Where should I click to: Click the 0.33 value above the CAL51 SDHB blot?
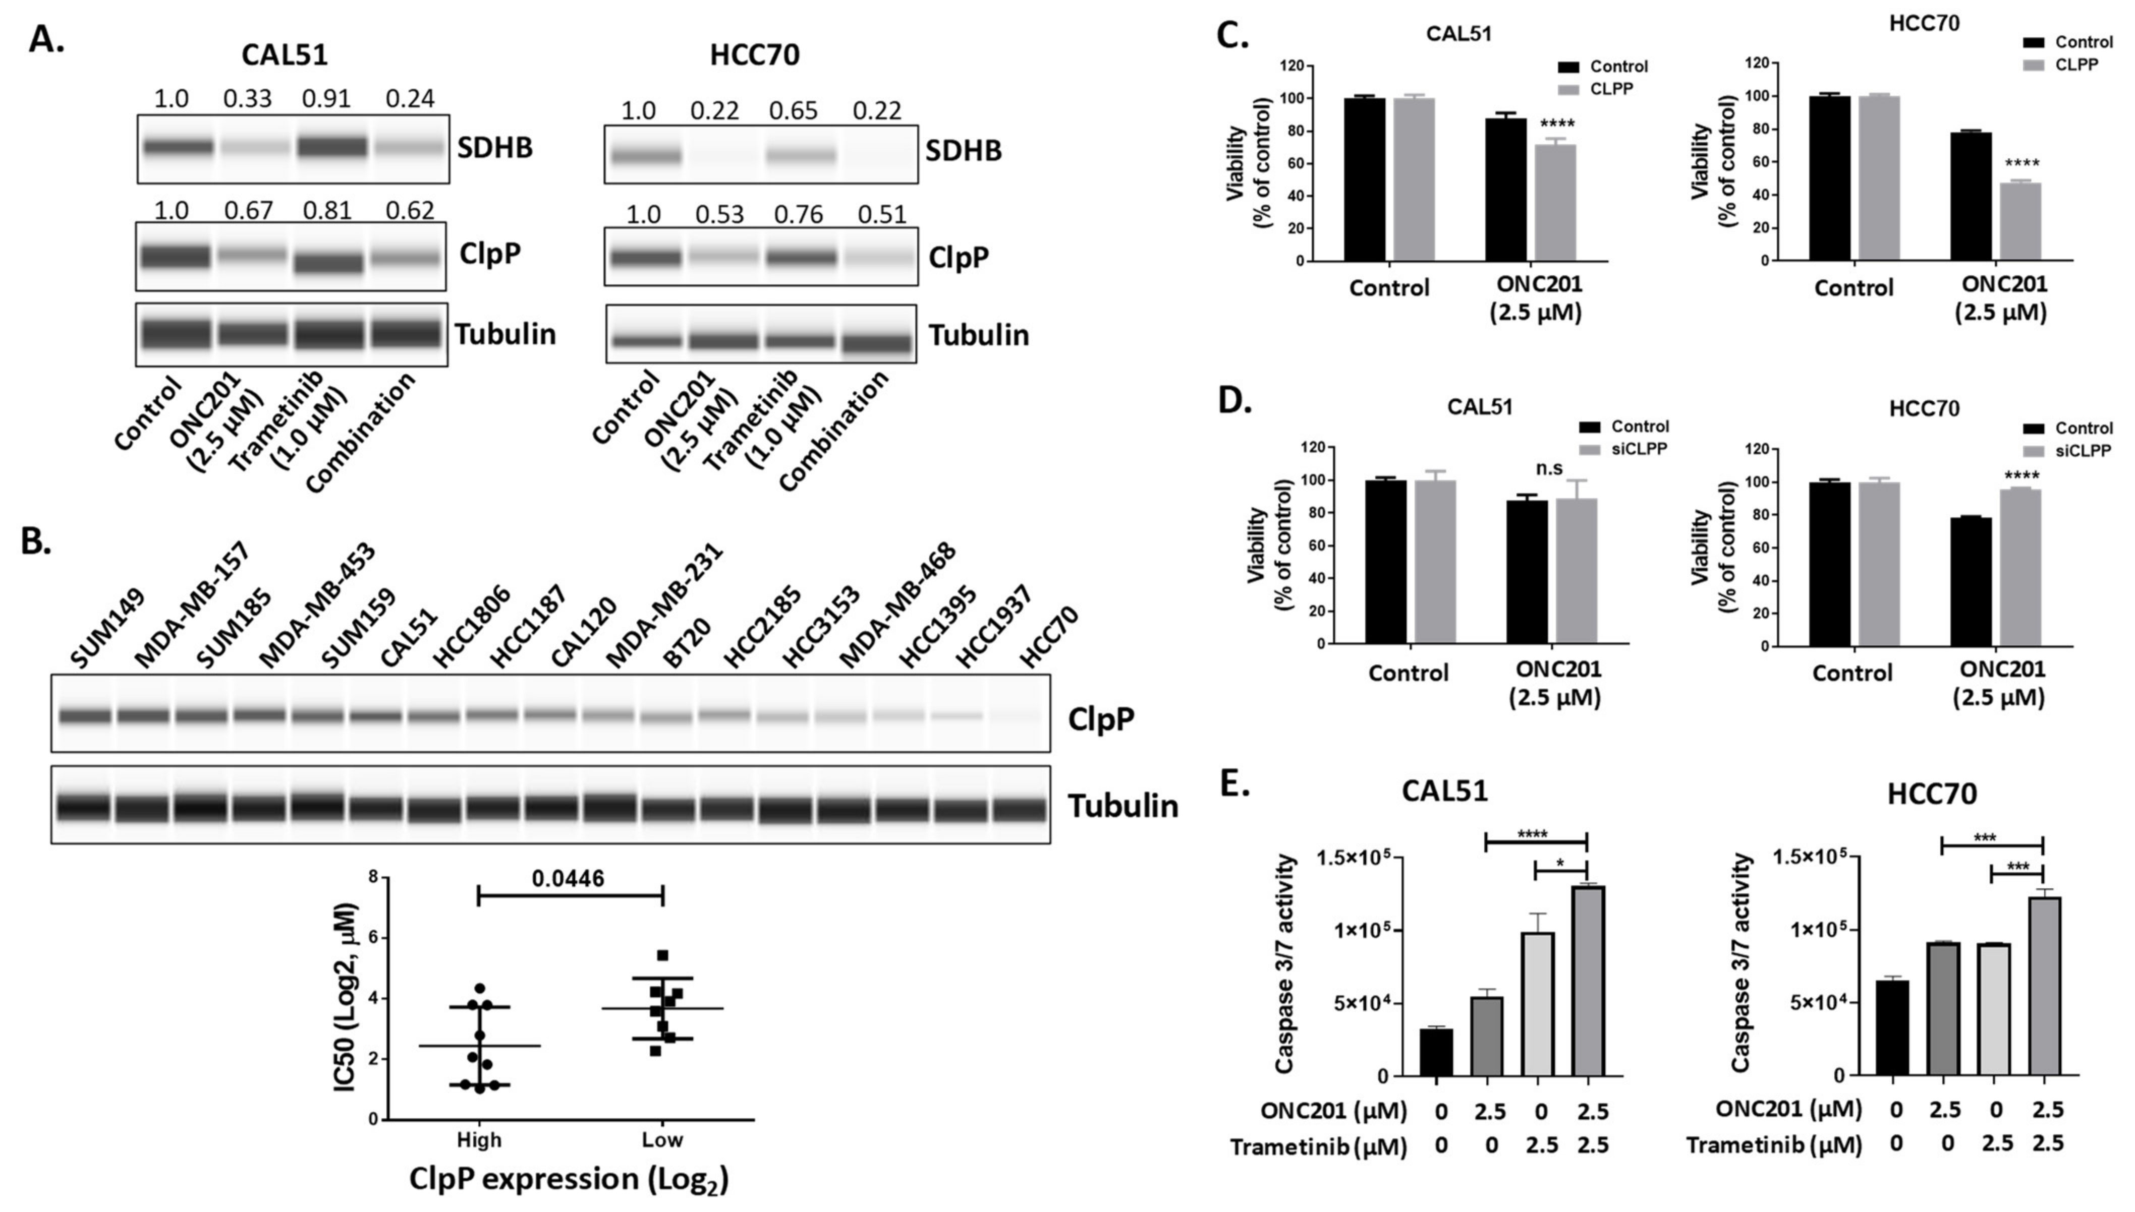coord(247,98)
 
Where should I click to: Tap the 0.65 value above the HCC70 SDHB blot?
coord(793,111)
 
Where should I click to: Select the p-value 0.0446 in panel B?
coord(568,878)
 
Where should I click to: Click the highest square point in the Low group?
coord(663,955)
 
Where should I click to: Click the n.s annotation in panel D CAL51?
coord(1549,469)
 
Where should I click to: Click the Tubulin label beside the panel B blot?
coord(1122,806)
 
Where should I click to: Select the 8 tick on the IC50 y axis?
coord(372,877)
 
